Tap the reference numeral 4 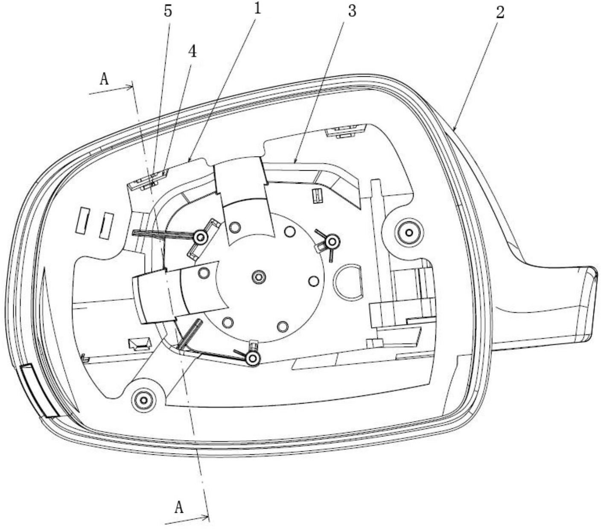[x=192, y=52]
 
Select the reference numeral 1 [x=257, y=9]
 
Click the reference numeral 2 [x=500, y=13]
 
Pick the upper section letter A [x=104, y=79]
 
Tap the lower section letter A [x=179, y=500]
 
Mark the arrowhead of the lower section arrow [x=205, y=517]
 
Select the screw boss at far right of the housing [x=409, y=233]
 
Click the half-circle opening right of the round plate [x=348, y=281]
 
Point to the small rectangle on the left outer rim [x=39, y=390]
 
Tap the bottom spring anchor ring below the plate [x=253, y=359]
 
